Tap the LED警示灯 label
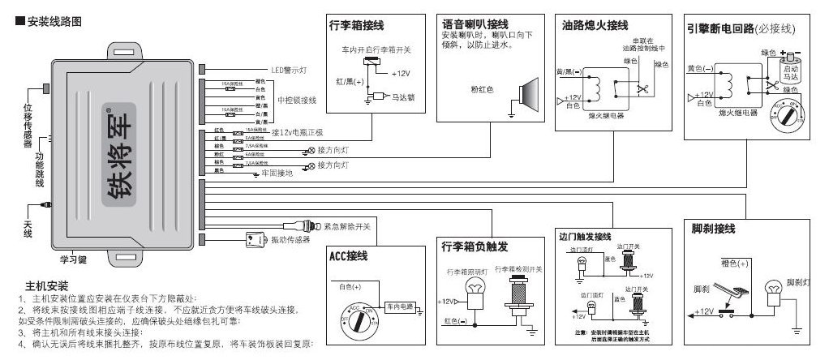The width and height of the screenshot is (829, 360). point(291,71)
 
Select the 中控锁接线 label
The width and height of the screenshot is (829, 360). point(297,101)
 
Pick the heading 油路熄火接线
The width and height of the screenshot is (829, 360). point(594,26)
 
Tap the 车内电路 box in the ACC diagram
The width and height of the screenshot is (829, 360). point(399,306)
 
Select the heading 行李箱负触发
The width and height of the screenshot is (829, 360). point(475,246)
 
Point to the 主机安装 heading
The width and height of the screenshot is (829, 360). point(47,286)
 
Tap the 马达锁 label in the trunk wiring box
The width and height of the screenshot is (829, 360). point(403,96)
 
